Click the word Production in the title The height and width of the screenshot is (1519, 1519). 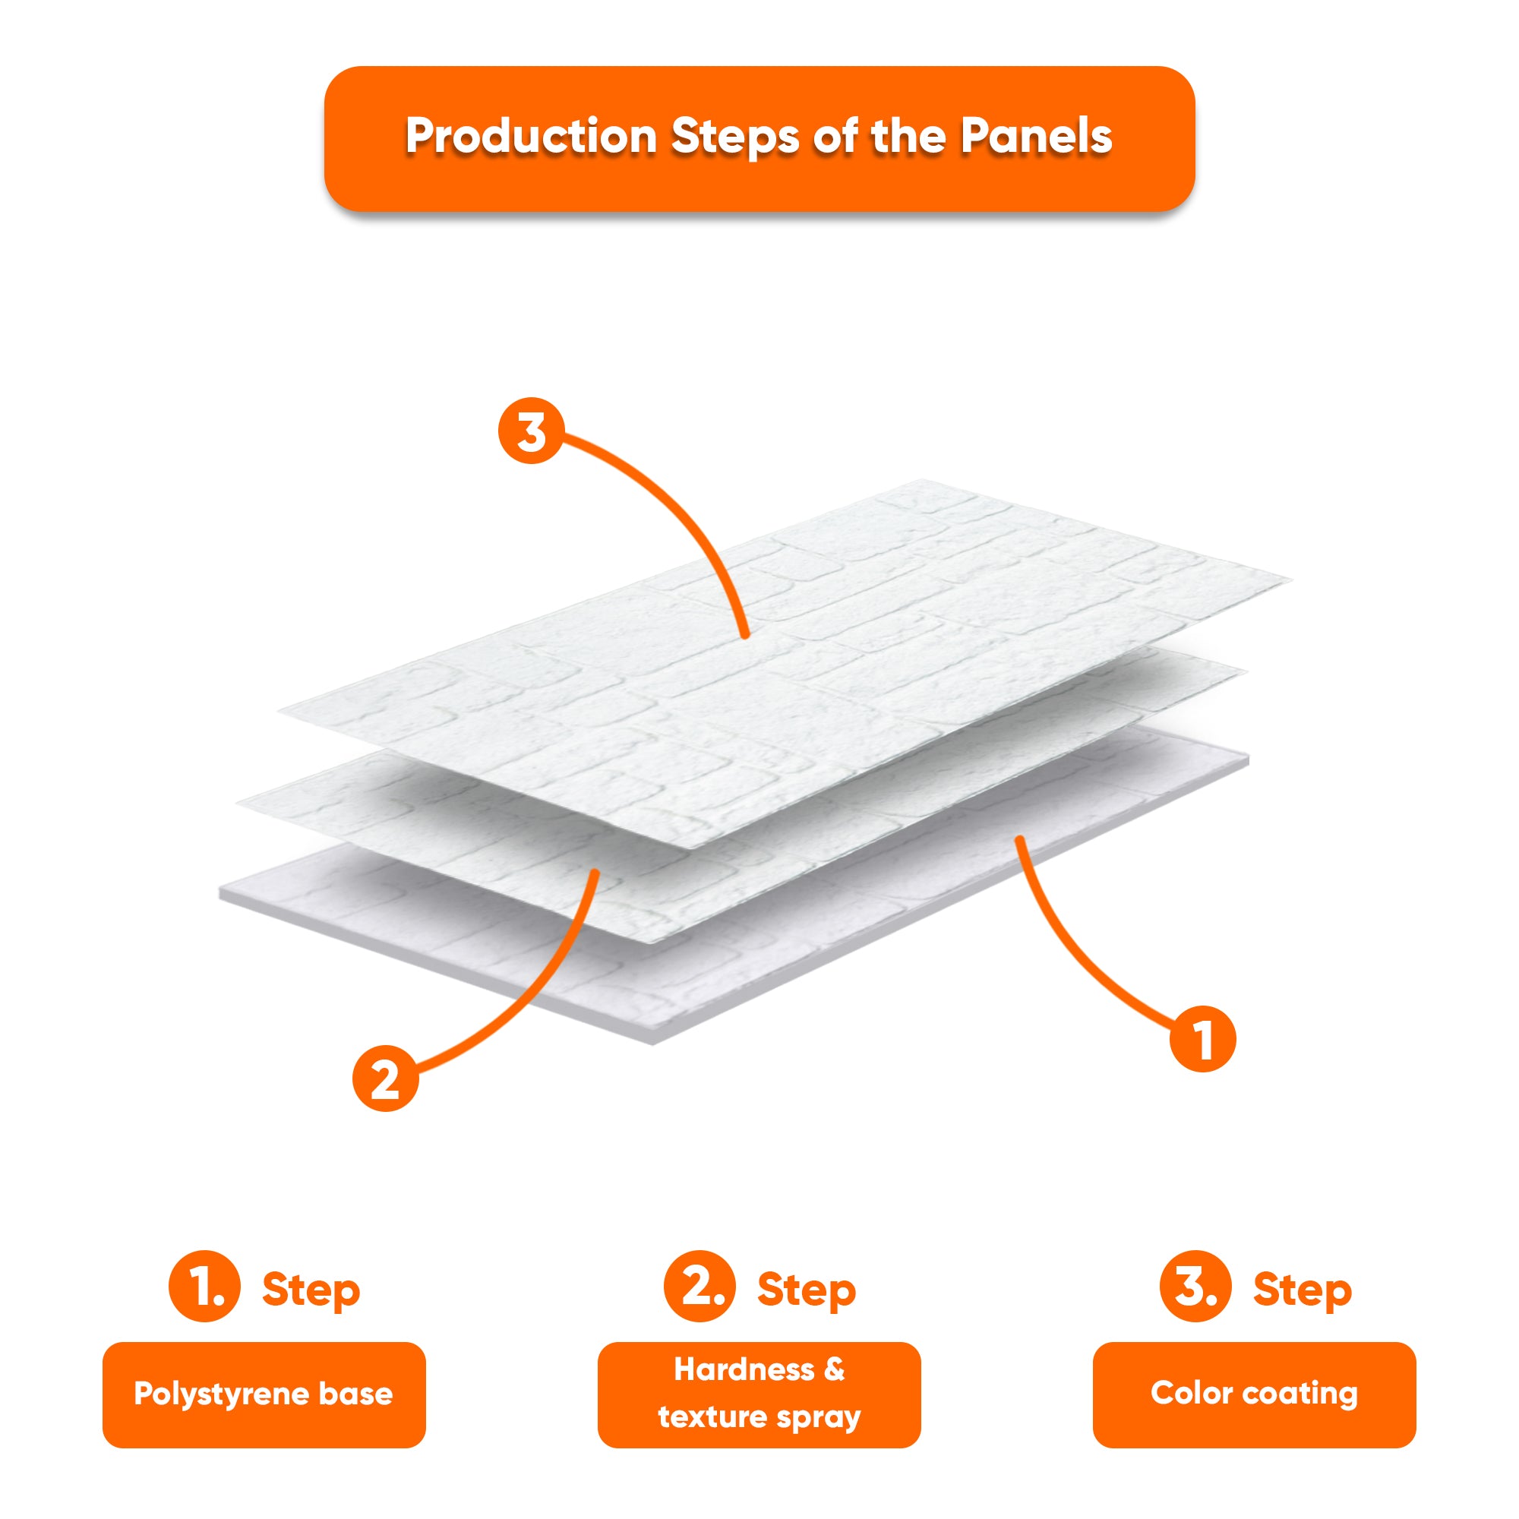532,137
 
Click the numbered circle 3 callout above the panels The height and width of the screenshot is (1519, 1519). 532,431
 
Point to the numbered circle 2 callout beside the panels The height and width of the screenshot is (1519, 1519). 385,1078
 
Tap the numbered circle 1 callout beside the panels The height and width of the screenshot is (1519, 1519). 1203,1038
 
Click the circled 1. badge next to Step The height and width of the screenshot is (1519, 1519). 204,1287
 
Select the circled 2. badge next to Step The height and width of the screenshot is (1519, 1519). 699,1287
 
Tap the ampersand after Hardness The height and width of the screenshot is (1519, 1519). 834,1369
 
